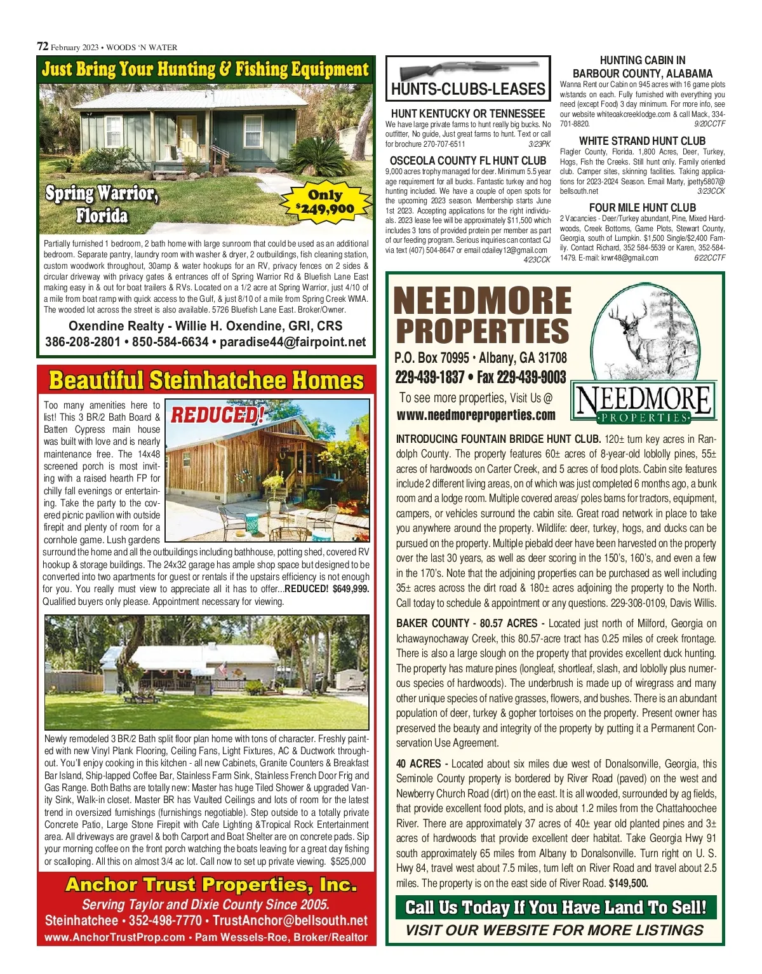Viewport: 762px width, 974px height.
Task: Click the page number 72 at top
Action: click(43, 46)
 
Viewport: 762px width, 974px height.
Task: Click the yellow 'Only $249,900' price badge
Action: click(324, 202)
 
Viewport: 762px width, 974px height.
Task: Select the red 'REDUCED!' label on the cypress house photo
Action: click(217, 415)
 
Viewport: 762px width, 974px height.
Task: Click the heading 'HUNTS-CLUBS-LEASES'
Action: click(468, 89)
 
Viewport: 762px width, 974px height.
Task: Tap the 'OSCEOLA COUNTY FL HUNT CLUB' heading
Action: click(468, 161)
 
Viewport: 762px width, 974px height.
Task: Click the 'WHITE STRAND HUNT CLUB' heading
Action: click(642, 140)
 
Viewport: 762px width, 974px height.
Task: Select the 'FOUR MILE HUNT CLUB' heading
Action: click(642, 208)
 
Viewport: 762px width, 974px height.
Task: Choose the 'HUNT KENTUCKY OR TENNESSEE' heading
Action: click(468, 114)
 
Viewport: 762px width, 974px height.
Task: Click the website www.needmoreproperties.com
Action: click(476, 416)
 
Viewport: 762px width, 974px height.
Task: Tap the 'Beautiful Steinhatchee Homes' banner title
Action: click(206, 381)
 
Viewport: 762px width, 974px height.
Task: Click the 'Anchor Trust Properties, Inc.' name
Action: click(211, 884)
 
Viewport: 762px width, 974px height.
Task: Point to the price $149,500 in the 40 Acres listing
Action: click(628, 883)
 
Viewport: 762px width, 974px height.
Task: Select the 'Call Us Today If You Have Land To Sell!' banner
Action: click(556, 907)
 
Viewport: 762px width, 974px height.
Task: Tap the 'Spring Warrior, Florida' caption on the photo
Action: click(102, 204)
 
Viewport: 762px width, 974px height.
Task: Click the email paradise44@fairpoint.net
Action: click(293, 342)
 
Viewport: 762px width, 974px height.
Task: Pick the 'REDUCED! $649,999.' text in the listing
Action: click(326, 589)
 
